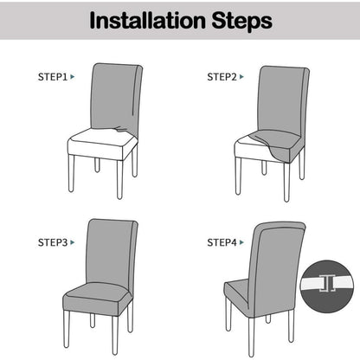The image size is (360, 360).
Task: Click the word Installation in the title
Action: click(x=147, y=21)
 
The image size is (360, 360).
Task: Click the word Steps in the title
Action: click(x=242, y=22)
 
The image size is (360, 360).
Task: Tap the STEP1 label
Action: click(x=53, y=77)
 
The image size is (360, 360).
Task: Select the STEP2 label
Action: click(x=222, y=77)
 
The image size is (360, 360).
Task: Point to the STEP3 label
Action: click(x=53, y=242)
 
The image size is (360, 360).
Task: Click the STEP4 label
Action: click(x=222, y=242)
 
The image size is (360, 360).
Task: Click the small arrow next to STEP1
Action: click(x=73, y=77)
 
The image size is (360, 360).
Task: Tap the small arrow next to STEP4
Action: click(x=241, y=242)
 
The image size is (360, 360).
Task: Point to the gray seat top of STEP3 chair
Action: click(x=98, y=292)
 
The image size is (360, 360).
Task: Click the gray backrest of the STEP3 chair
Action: click(x=111, y=254)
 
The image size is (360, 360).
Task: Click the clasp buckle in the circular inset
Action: click(x=327, y=284)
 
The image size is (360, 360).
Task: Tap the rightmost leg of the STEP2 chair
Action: click(x=302, y=164)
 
